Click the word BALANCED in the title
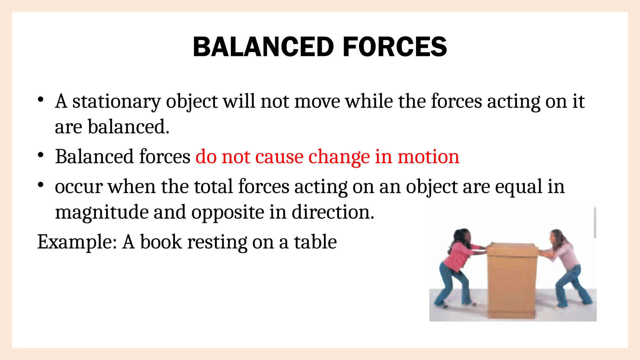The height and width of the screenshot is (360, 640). [x=263, y=47]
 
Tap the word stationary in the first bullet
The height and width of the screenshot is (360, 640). [x=116, y=102]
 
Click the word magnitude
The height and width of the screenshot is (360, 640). [x=102, y=213]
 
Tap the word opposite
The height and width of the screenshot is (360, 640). [x=228, y=213]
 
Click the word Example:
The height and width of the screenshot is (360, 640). [x=77, y=242]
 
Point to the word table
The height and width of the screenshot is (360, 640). [x=315, y=242]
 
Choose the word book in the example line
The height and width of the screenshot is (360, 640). [x=161, y=242]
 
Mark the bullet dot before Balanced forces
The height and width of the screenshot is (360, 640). [x=40, y=155]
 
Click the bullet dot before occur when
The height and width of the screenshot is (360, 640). [x=40, y=185]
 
